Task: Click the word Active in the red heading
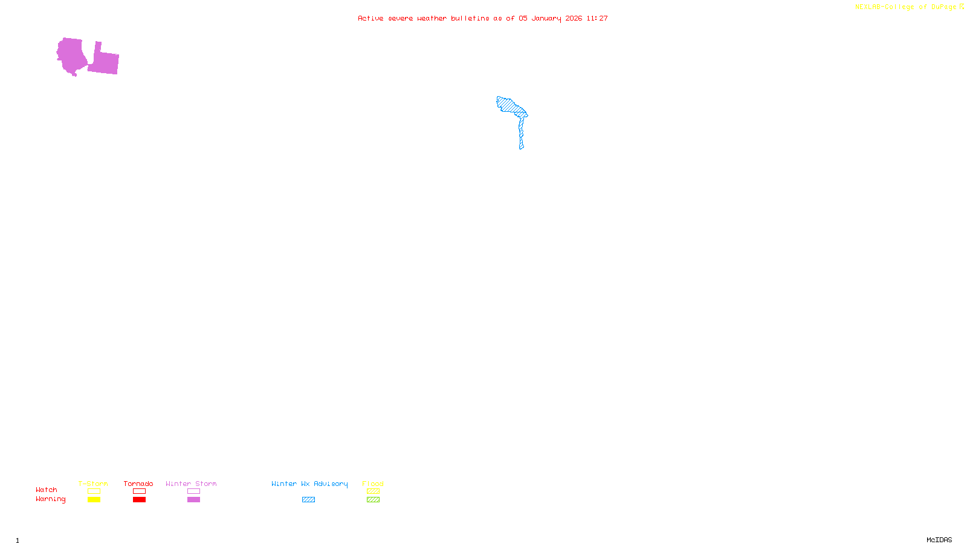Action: [370, 18]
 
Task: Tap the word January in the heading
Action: [546, 18]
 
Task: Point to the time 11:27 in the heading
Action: [597, 18]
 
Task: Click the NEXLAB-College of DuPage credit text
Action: [905, 7]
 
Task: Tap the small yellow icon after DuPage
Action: [962, 7]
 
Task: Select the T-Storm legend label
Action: [93, 484]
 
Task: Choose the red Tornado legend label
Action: [138, 484]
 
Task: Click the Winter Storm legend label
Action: [191, 484]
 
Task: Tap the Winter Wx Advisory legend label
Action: [309, 484]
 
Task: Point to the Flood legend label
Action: [373, 484]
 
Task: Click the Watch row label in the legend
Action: [47, 490]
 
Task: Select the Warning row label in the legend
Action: [50, 499]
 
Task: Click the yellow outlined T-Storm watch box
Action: [94, 491]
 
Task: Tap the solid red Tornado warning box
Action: [139, 500]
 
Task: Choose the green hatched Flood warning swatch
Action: [373, 500]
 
